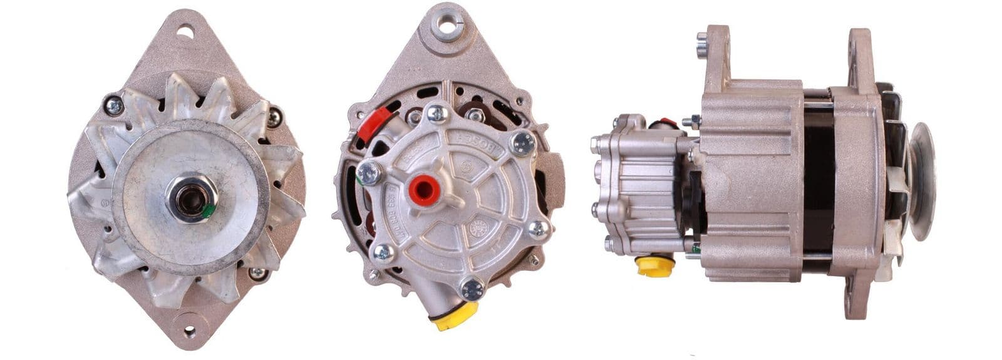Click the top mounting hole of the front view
[185, 30]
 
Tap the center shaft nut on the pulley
[190, 198]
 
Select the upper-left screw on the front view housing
[114, 106]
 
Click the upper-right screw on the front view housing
[274, 117]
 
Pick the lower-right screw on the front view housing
[257, 274]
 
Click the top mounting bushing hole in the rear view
[448, 26]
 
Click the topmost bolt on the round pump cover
[436, 115]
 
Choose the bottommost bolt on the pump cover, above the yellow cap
[472, 289]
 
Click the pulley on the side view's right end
[921, 181]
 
